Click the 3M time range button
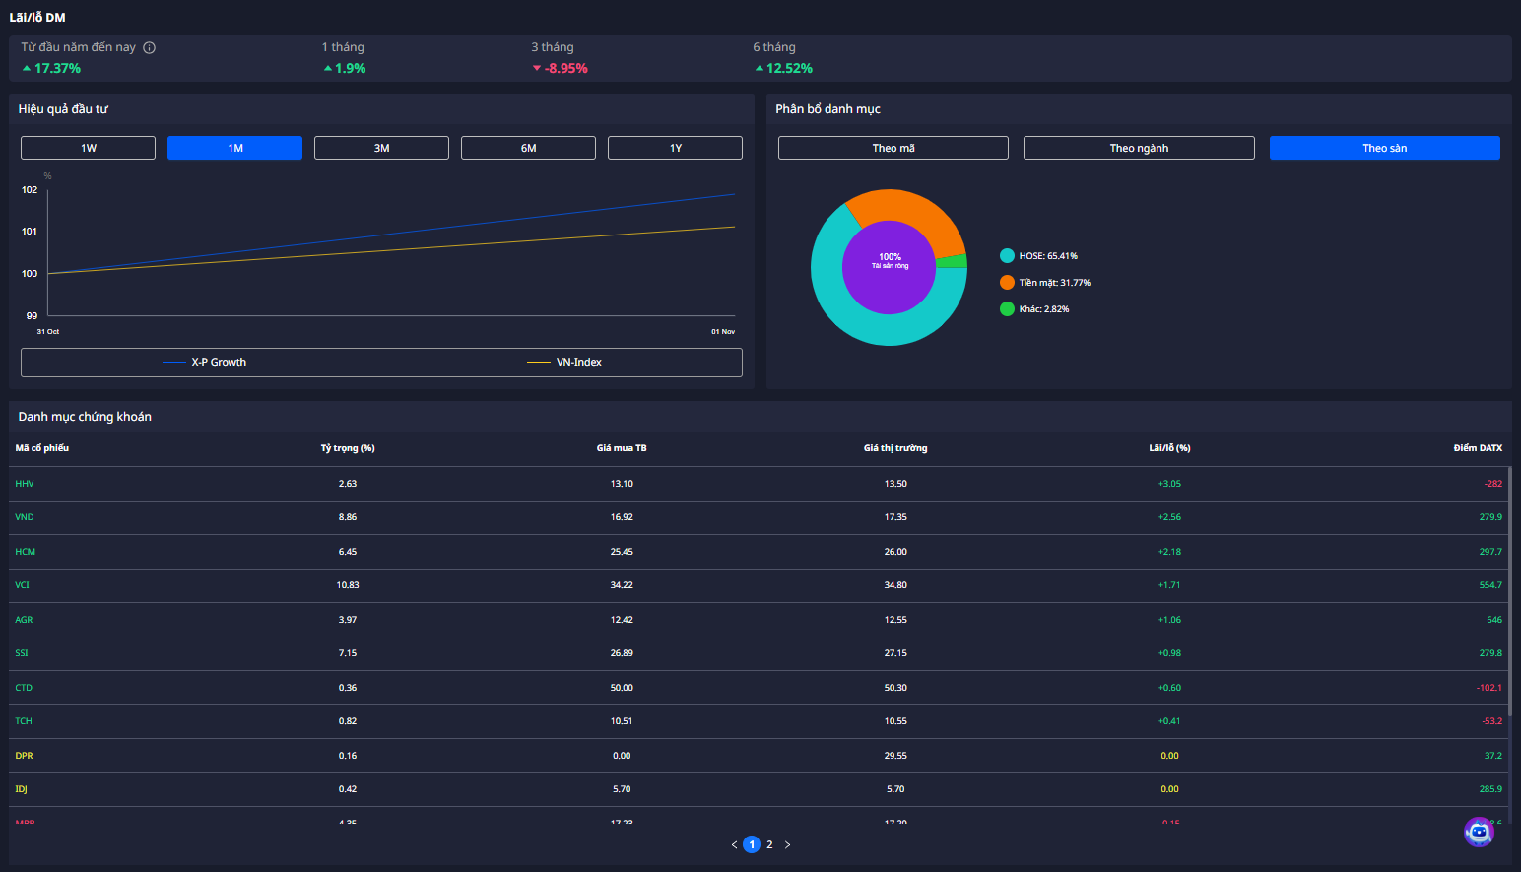tap(381, 148)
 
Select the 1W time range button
tap(88, 148)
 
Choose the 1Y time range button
tap(675, 148)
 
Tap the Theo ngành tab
tap(1139, 148)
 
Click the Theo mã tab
tap(893, 148)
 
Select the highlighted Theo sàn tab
tap(1384, 148)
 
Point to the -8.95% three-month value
tap(565, 69)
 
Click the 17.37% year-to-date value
tap(57, 69)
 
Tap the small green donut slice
tap(953, 261)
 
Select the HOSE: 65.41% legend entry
tap(1047, 256)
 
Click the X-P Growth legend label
tap(219, 363)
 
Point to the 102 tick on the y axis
tap(30, 190)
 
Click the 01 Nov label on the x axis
tap(723, 332)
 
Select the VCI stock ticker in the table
tap(23, 585)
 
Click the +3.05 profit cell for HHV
tap(1169, 484)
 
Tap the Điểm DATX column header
tap(1478, 448)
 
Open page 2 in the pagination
tap(769, 844)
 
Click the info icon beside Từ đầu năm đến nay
tap(150, 47)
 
